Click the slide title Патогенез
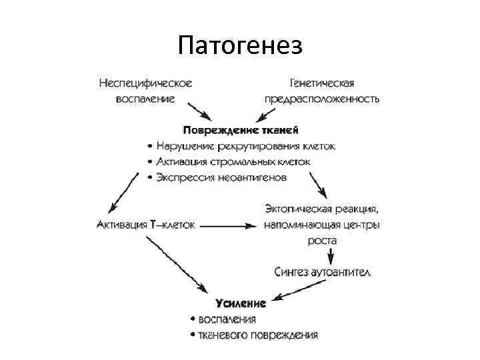[240, 46]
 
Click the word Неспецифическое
[145, 83]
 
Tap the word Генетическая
[321, 83]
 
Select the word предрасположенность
[321, 99]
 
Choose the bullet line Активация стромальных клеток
[237, 161]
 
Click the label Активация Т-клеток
[146, 225]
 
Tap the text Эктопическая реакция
[322, 209]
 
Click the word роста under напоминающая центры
[322, 240]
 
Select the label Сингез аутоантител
[322, 271]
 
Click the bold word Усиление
[241, 303]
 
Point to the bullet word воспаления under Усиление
[227, 319]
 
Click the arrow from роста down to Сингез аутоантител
[321, 256]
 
